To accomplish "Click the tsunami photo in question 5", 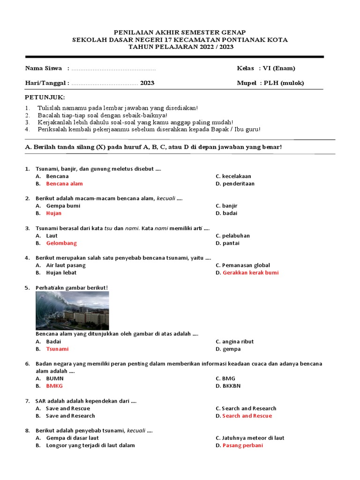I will [72, 310].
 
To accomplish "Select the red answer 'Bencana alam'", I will [64, 184].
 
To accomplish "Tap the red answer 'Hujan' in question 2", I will [53, 213].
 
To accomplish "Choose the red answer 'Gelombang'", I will [61, 243].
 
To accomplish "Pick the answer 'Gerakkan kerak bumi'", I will [250, 273].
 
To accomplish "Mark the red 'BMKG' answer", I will [54, 386].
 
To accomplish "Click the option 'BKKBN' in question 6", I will [231, 386].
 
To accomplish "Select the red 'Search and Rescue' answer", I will [247, 416].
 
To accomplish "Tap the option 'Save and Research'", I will [70, 416].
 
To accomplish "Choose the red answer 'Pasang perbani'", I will [243, 445].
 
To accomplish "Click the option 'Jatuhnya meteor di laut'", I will [253, 438].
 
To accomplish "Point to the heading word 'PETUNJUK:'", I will [45, 97].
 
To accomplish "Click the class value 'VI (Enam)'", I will [279, 68].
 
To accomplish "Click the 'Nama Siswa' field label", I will [44, 68].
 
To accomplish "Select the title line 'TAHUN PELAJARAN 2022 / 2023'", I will [180, 47].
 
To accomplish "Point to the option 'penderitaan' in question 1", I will [238, 184].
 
